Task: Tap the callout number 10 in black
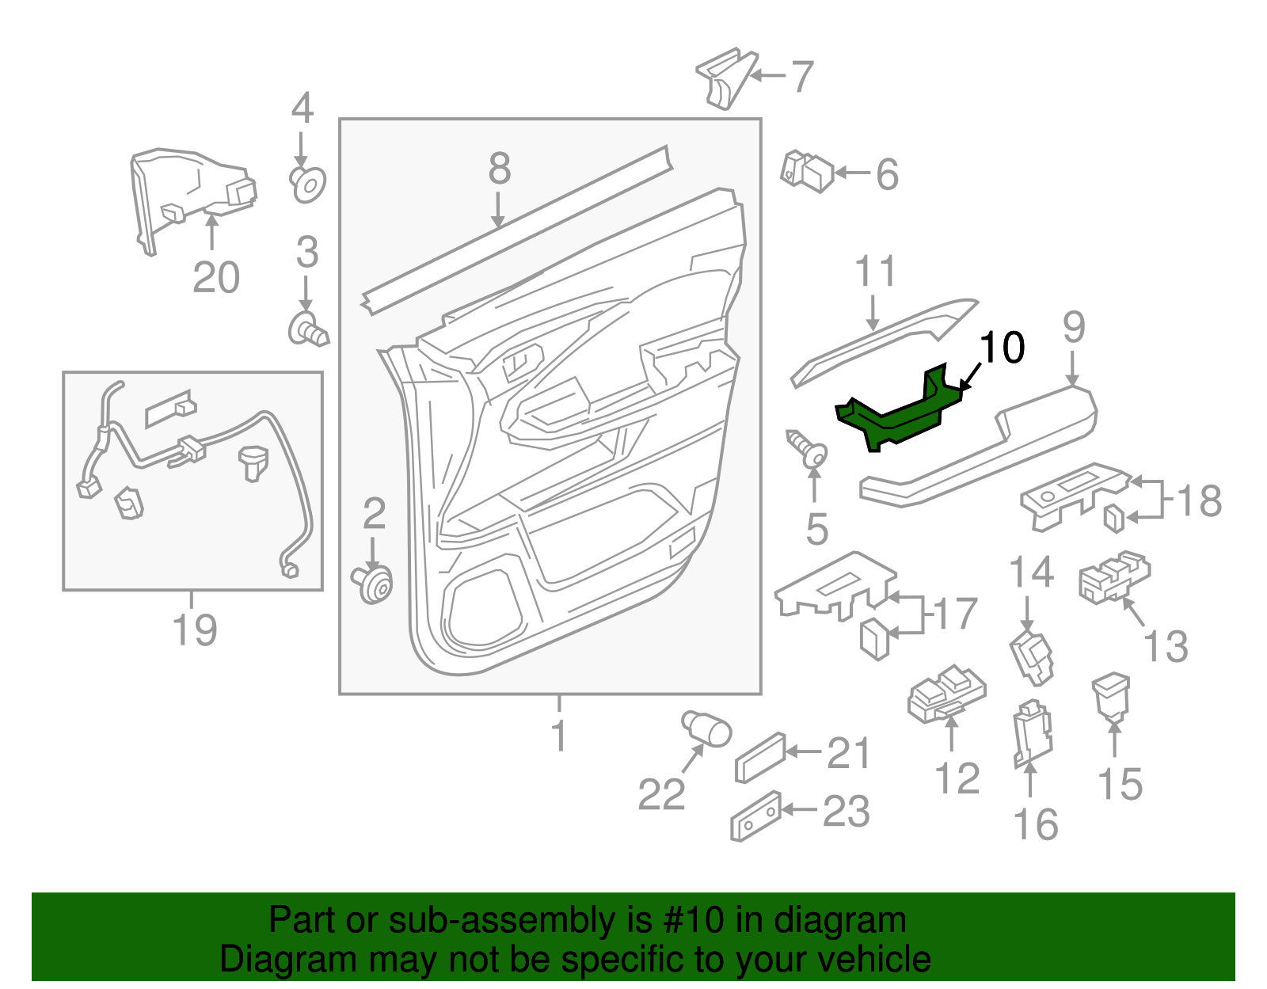[1002, 348]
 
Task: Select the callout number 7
[802, 77]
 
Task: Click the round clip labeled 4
[308, 184]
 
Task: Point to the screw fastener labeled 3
[307, 329]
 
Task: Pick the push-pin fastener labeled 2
[373, 584]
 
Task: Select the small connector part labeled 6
[808, 172]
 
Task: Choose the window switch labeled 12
[946, 694]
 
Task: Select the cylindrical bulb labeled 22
[706, 727]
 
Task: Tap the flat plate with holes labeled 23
[755, 816]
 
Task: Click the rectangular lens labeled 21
[759, 757]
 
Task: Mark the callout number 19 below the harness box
[194, 630]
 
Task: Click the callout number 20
[215, 278]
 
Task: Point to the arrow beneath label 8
[498, 211]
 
